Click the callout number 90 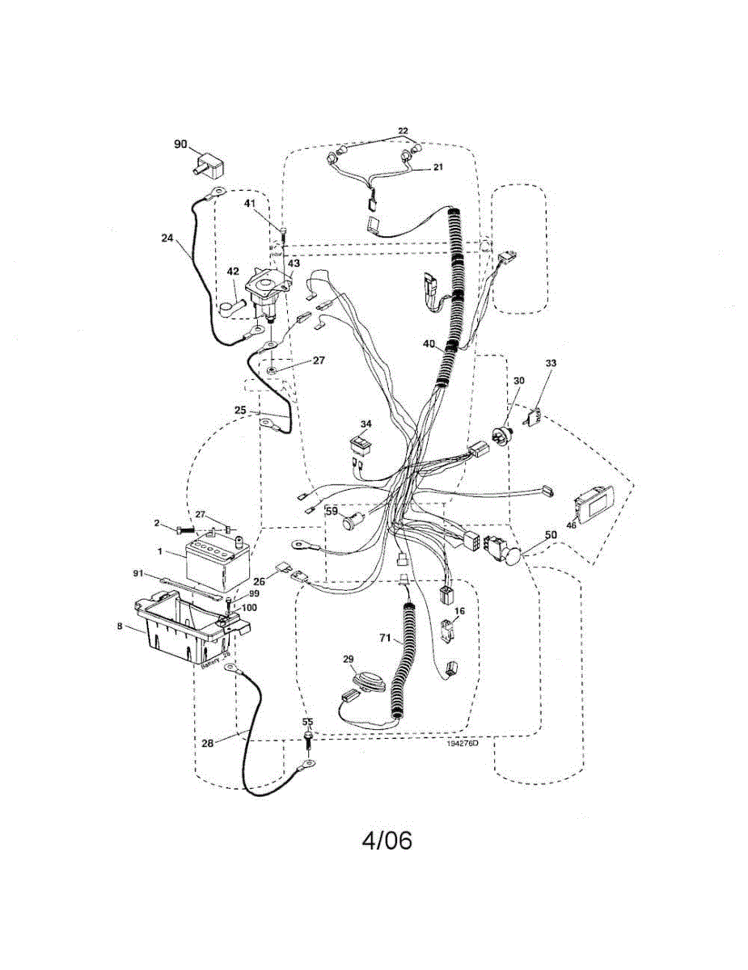[180, 144]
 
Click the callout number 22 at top [403, 131]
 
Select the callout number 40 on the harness [429, 344]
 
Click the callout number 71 [386, 639]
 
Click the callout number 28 [207, 744]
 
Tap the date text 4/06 [387, 841]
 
